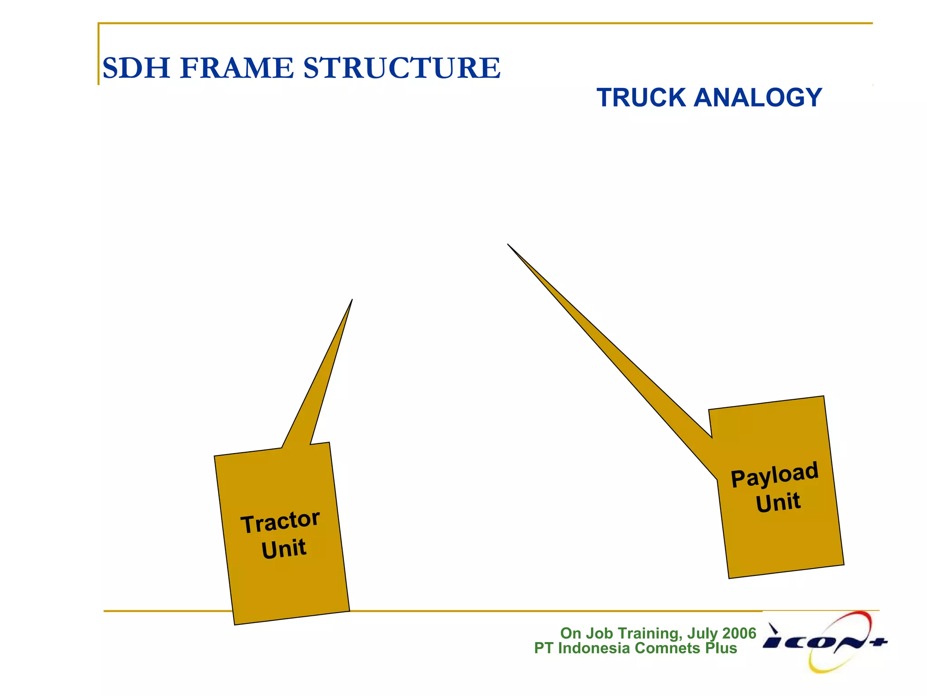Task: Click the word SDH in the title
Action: (x=136, y=68)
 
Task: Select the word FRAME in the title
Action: (x=237, y=68)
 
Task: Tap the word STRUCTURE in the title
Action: (x=401, y=68)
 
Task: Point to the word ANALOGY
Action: (x=758, y=97)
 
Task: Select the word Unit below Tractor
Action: (x=284, y=549)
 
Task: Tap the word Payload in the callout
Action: (x=774, y=474)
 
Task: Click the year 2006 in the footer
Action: (x=739, y=633)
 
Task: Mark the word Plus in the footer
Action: (x=721, y=648)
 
